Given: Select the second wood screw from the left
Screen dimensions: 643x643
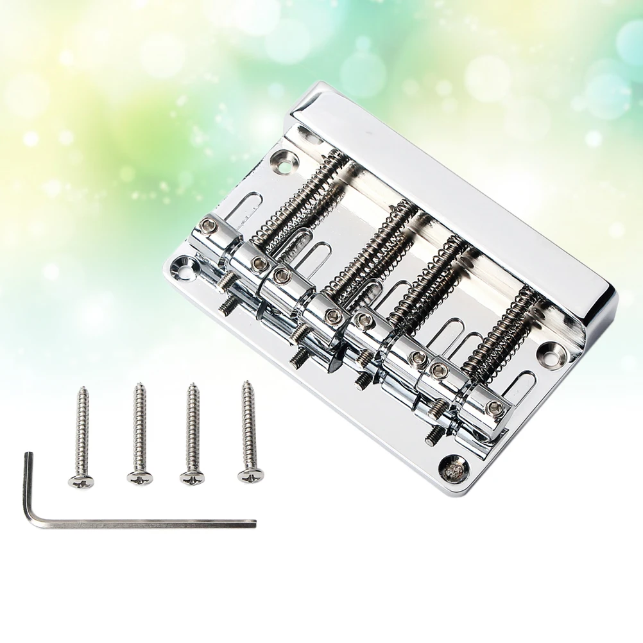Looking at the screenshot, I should [139, 433].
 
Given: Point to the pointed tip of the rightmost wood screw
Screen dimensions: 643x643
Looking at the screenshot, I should [246, 384].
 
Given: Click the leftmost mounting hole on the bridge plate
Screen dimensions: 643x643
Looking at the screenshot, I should [183, 263].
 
